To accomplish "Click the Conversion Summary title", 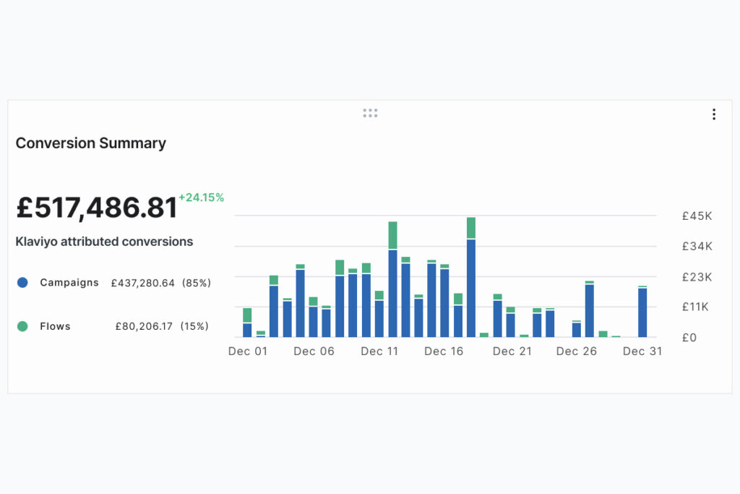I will tap(91, 143).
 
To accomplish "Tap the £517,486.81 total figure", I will tap(96, 208).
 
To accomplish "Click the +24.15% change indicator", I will tap(202, 197).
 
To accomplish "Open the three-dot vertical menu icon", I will tap(714, 114).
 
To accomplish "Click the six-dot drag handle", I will tap(370, 113).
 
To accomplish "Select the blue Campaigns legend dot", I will tap(22, 283).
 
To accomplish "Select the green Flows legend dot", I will tap(22, 326).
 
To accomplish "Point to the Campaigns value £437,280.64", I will tap(142, 283).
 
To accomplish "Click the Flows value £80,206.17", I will tap(144, 326).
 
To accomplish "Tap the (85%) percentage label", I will tap(196, 283).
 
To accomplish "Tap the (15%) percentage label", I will tap(194, 326).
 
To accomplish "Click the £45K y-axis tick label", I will tap(697, 216).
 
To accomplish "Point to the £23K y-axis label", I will tap(697, 277).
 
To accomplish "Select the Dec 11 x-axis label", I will tap(379, 352).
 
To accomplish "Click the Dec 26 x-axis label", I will tap(577, 352).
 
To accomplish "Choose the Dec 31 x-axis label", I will tap(642, 352).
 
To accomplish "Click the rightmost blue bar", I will tap(642, 312).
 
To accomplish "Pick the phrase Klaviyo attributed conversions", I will tap(104, 242).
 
